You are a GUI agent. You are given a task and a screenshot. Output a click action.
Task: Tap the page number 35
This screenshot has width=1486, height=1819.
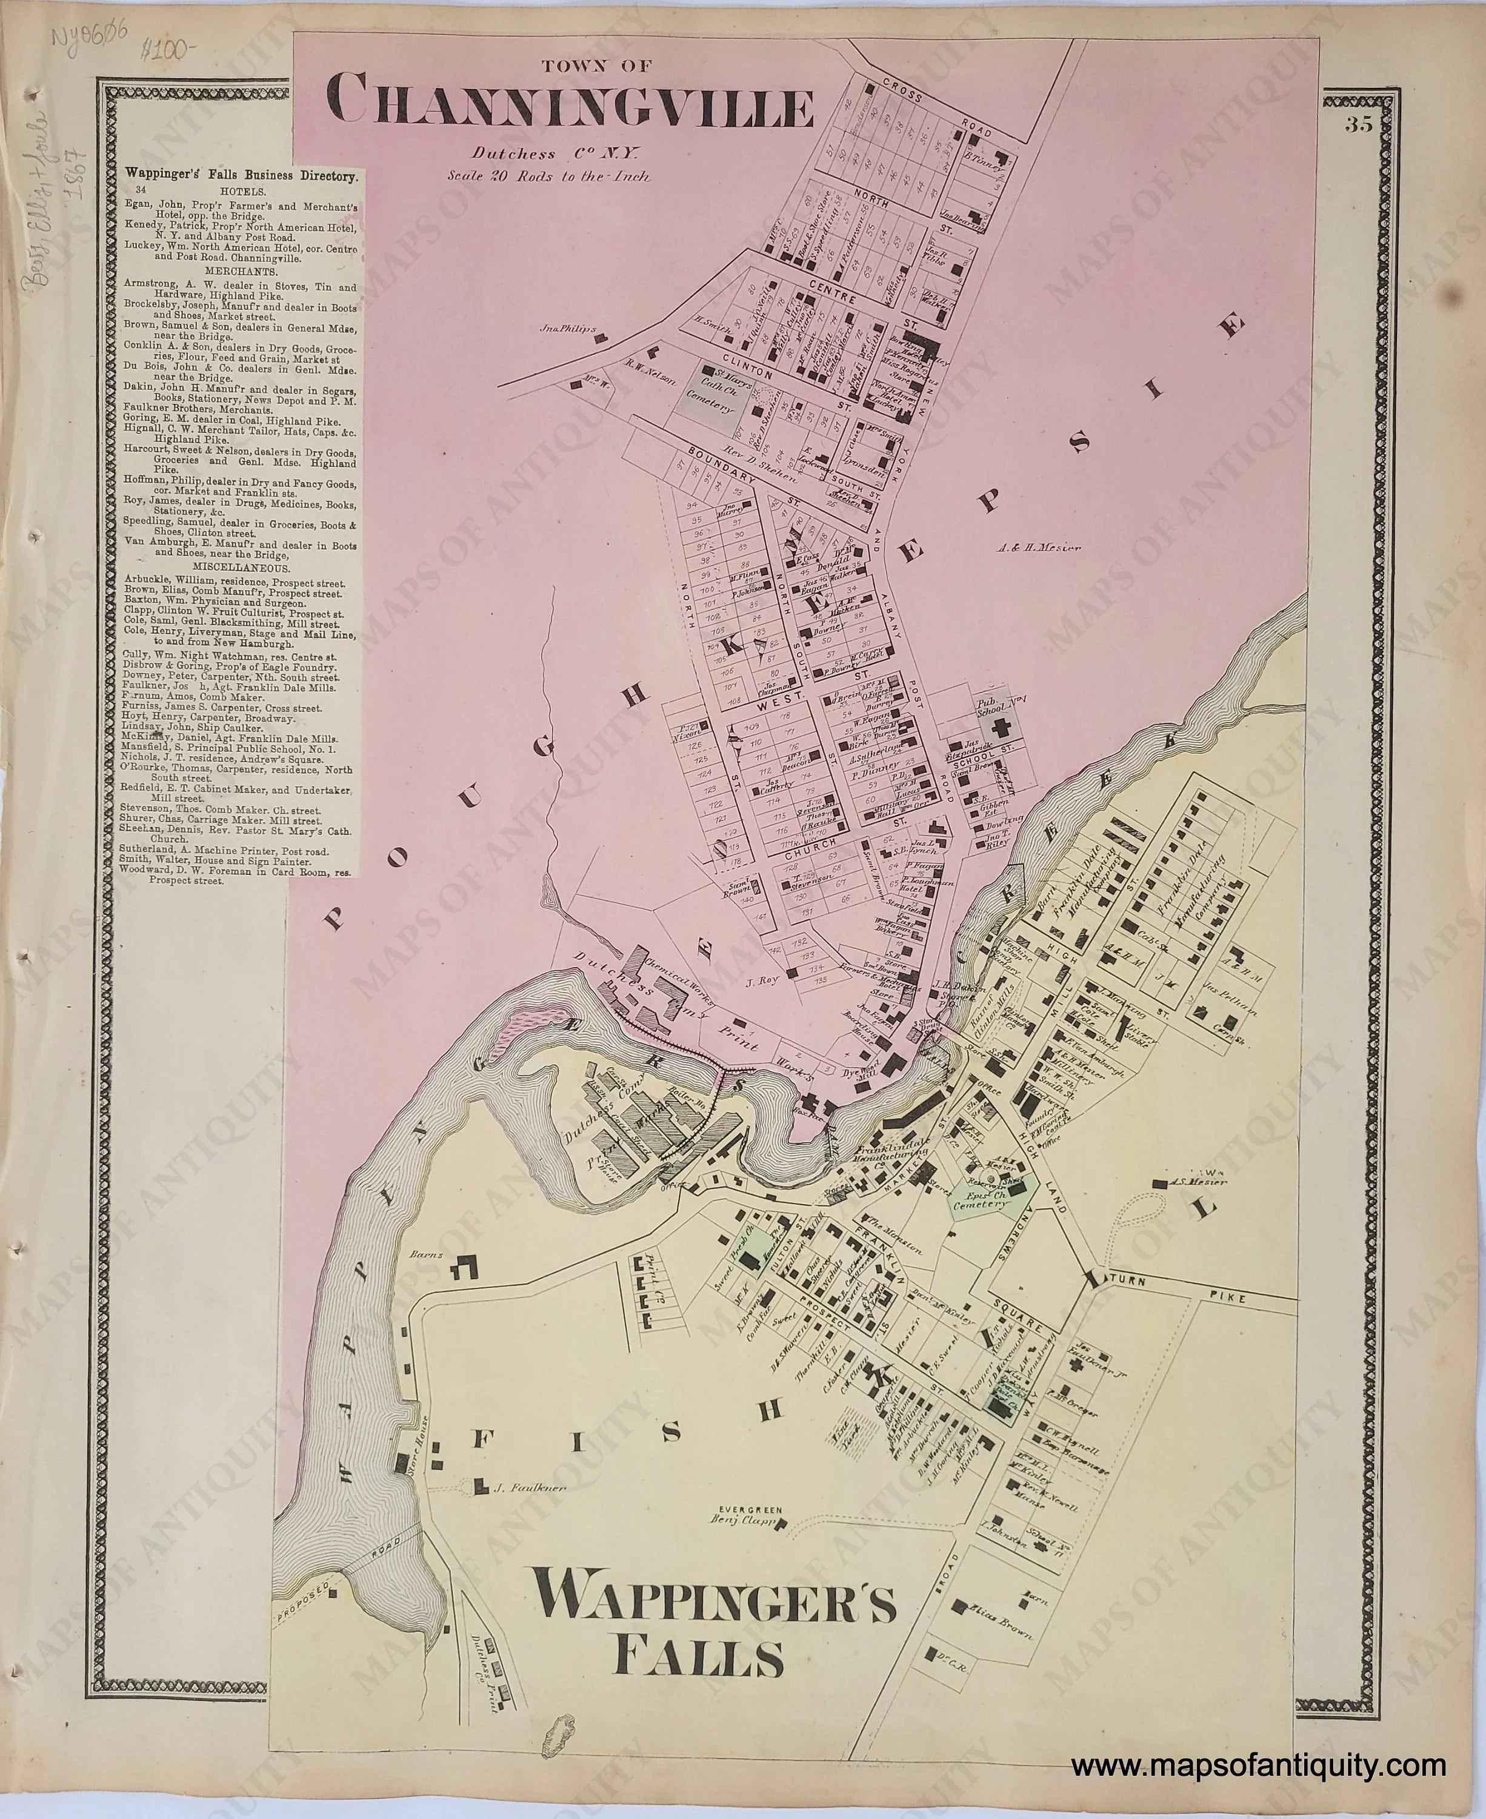point(1359,125)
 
